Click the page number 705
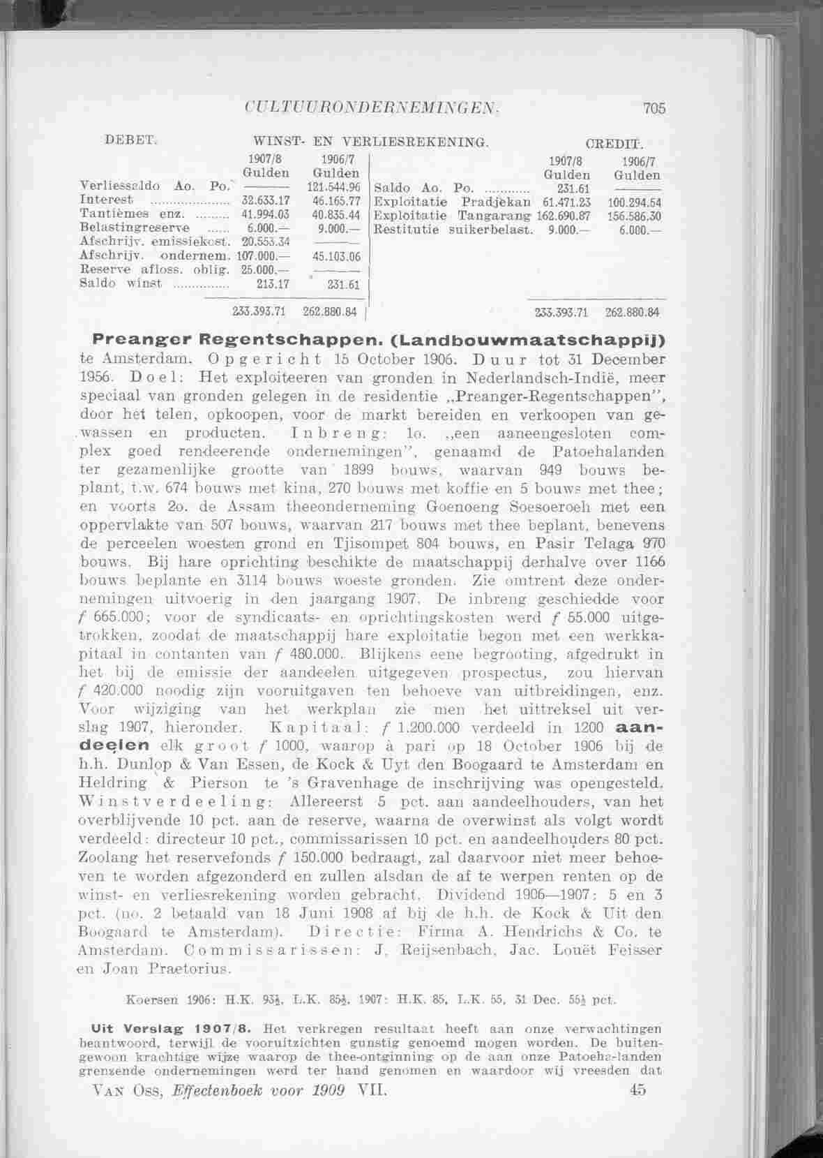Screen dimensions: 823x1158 (655, 108)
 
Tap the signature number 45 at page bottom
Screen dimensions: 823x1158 (637, 1090)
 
